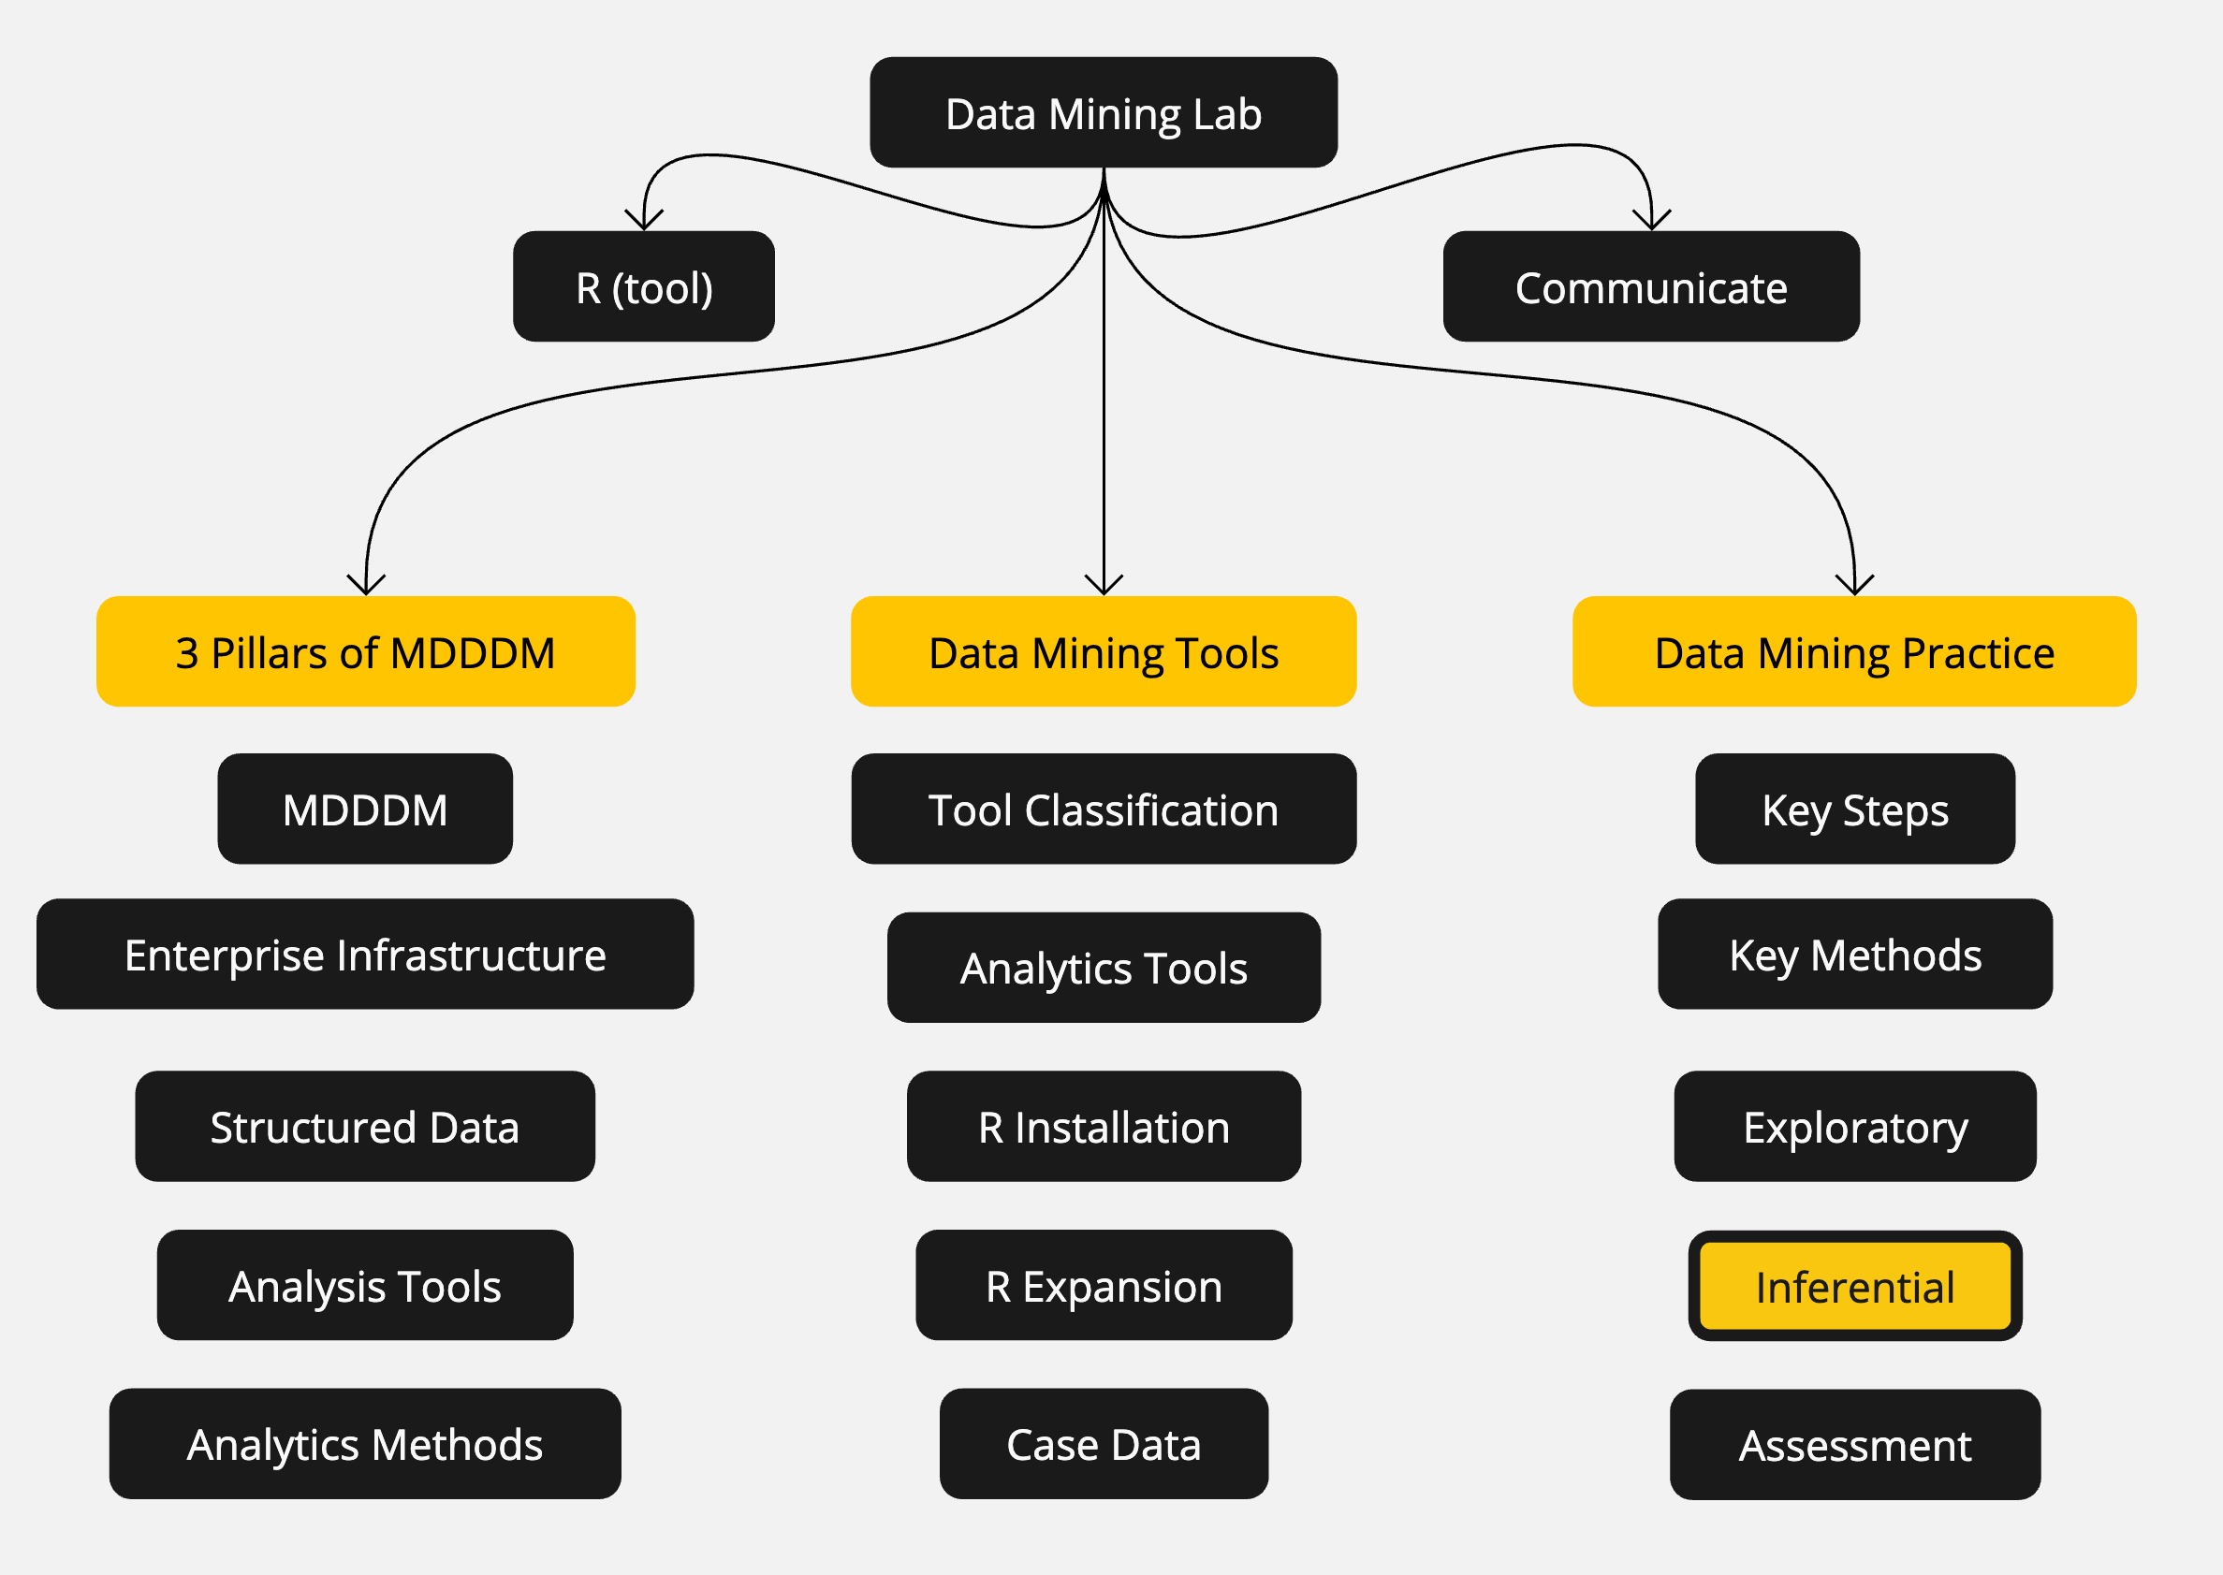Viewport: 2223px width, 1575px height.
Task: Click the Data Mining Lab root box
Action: (1103, 112)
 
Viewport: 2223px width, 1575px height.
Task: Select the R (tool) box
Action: (643, 287)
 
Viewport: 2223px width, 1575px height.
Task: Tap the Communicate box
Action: (1650, 287)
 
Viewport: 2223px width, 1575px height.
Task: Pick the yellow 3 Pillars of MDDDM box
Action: (366, 651)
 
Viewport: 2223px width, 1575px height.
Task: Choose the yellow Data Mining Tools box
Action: (1103, 651)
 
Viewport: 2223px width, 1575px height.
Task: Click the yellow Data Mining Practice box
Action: (1853, 651)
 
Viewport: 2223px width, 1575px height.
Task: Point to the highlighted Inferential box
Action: (1853, 1286)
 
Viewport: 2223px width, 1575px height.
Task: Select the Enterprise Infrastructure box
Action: (365, 955)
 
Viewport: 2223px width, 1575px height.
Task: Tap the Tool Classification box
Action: (1103, 809)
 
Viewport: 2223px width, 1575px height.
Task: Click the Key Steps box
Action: (1853, 809)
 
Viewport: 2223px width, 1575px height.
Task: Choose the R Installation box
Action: (1103, 1126)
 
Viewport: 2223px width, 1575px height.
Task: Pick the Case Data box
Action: (1103, 1443)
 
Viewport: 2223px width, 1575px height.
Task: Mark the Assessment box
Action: (1853, 1444)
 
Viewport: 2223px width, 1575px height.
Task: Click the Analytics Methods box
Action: (365, 1443)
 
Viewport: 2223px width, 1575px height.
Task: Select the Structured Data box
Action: (365, 1126)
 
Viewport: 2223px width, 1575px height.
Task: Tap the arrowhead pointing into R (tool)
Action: (644, 222)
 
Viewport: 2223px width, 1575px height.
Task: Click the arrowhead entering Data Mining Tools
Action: (1103, 586)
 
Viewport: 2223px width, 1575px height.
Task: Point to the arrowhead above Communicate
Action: (1651, 222)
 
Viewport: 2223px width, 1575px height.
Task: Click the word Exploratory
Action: (1853, 1127)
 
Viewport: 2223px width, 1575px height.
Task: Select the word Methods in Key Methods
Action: (1895, 955)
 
